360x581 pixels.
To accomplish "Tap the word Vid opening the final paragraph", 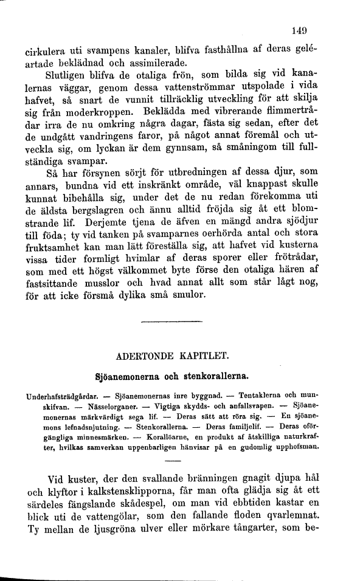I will pyautogui.click(x=56, y=479).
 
